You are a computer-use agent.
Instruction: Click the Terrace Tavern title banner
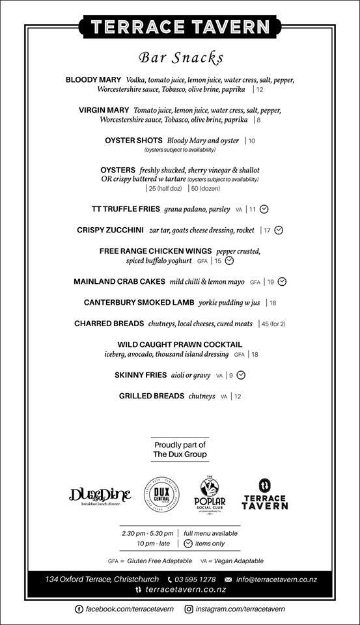pyautogui.click(x=180, y=27)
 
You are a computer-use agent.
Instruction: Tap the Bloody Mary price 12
pyautogui.click(x=259, y=89)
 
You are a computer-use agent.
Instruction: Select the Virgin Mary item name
pyautogui.click(x=104, y=110)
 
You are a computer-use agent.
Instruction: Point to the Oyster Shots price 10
pyautogui.click(x=251, y=141)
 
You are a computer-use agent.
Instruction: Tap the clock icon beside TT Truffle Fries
pyautogui.click(x=264, y=210)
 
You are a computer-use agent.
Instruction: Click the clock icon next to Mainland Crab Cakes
pyautogui.click(x=282, y=282)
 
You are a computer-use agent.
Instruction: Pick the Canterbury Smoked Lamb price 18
pyautogui.click(x=272, y=303)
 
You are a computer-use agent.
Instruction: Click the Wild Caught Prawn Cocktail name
pyautogui.click(x=180, y=344)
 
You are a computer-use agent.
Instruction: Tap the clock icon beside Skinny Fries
pyautogui.click(x=241, y=375)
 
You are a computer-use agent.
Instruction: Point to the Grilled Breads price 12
pyautogui.click(x=237, y=396)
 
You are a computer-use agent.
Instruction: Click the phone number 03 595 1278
pyautogui.click(x=196, y=579)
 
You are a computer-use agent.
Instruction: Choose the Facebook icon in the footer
pyautogui.click(x=79, y=609)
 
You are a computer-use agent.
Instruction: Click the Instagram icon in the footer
pyautogui.click(x=189, y=609)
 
